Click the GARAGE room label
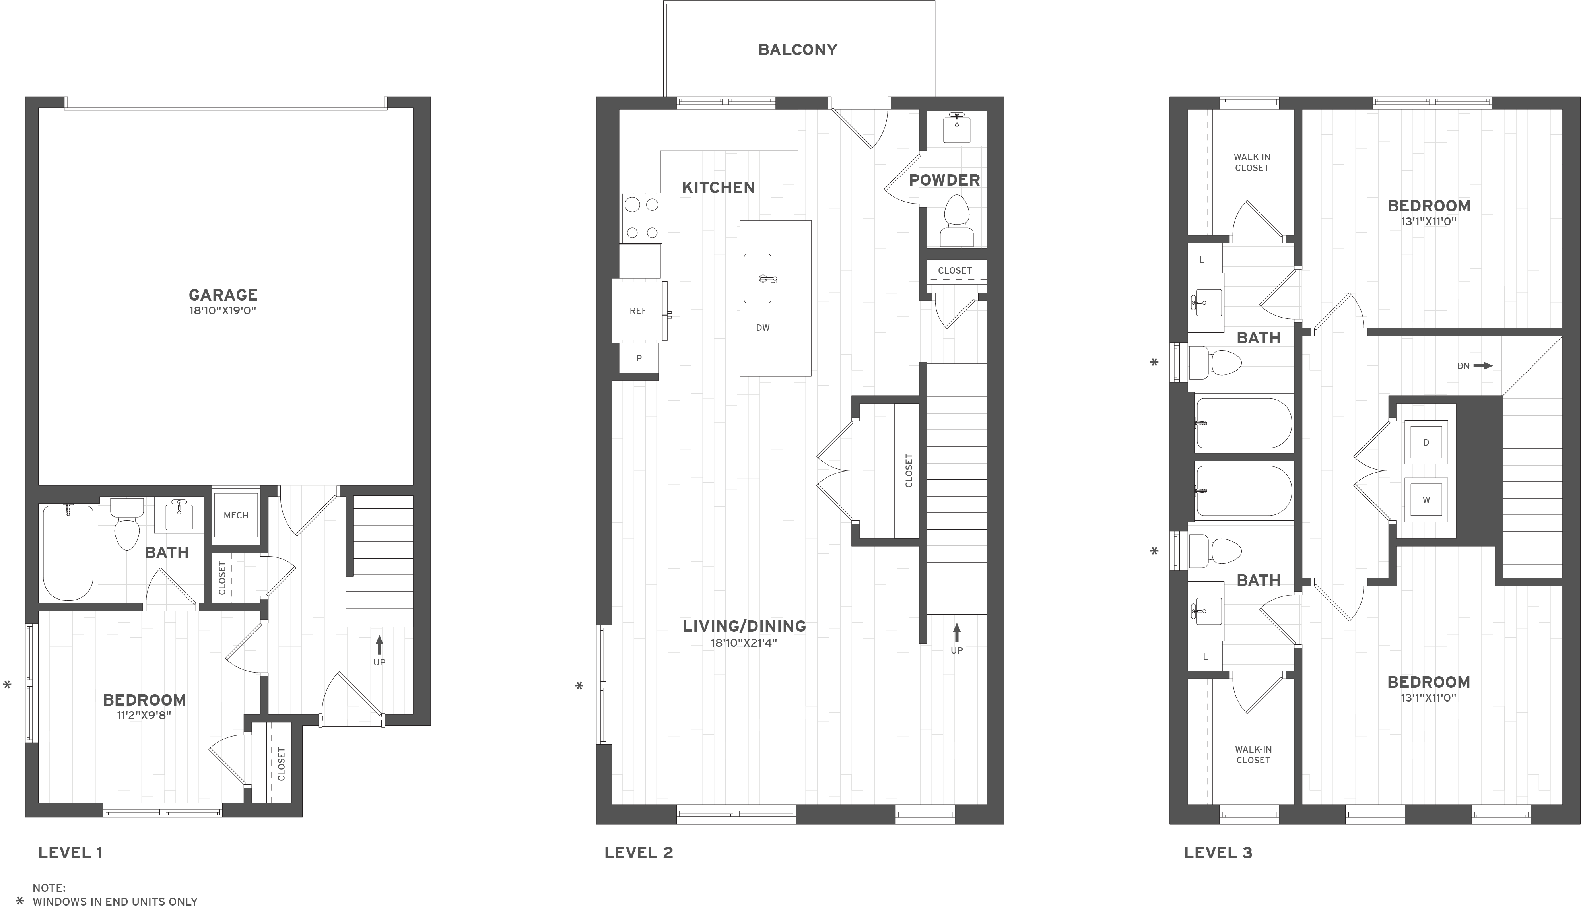click(223, 294)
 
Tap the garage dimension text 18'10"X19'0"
click(223, 310)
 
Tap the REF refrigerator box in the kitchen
click(638, 310)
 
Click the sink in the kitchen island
click(758, 278)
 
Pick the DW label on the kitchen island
click(762, 328)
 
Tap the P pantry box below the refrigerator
click(639, 358)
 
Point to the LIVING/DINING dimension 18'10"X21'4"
click(744, 642)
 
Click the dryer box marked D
click(1426, 443)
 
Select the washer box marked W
click(1426, 500)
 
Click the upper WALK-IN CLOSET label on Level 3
click(1252, 163)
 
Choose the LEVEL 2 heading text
click(638, 852)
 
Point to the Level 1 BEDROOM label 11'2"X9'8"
click(144, 707)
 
